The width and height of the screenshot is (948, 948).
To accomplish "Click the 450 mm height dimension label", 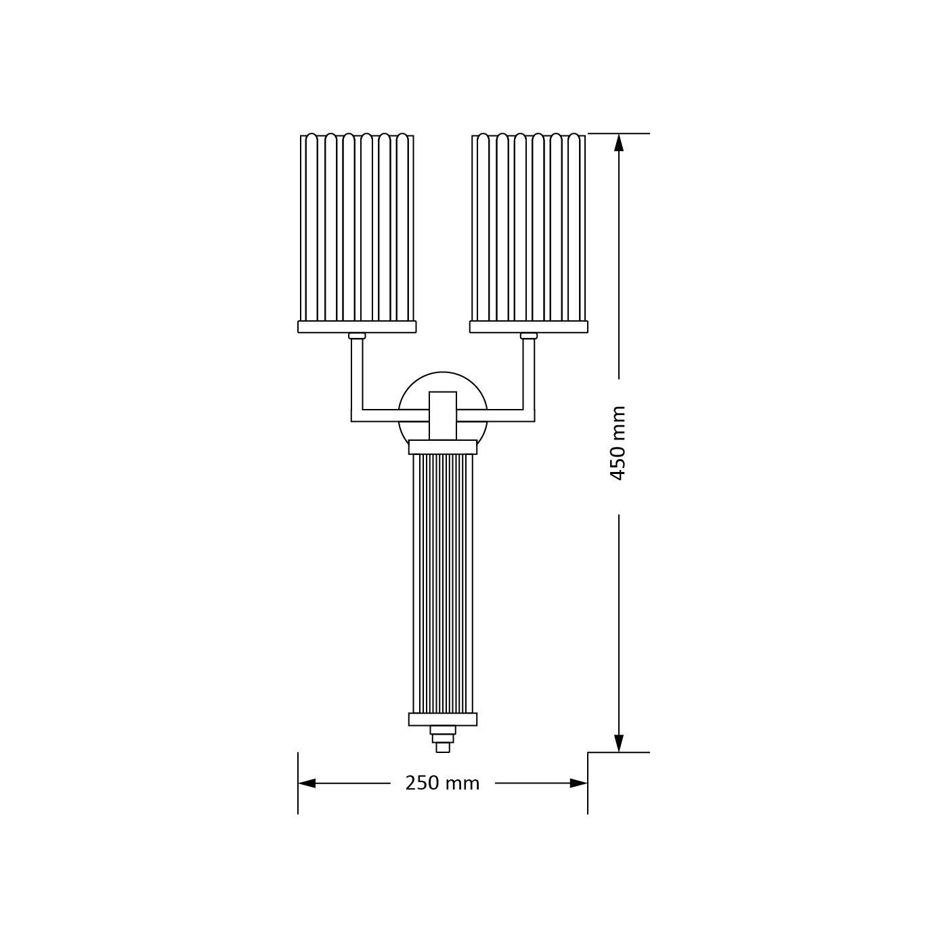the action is [618, 443].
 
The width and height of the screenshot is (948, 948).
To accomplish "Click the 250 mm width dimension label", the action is [442, 783].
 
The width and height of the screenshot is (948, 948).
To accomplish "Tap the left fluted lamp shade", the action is [357, 228].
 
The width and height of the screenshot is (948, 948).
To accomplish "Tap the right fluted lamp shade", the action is [528, 228].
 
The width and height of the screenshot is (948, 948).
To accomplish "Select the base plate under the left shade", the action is [357, 326].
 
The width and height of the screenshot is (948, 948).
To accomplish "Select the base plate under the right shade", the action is [528, 326].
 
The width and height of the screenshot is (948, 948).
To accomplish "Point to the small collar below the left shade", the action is [357, 336].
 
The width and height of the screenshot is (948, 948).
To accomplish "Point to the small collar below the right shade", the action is [528, 336].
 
